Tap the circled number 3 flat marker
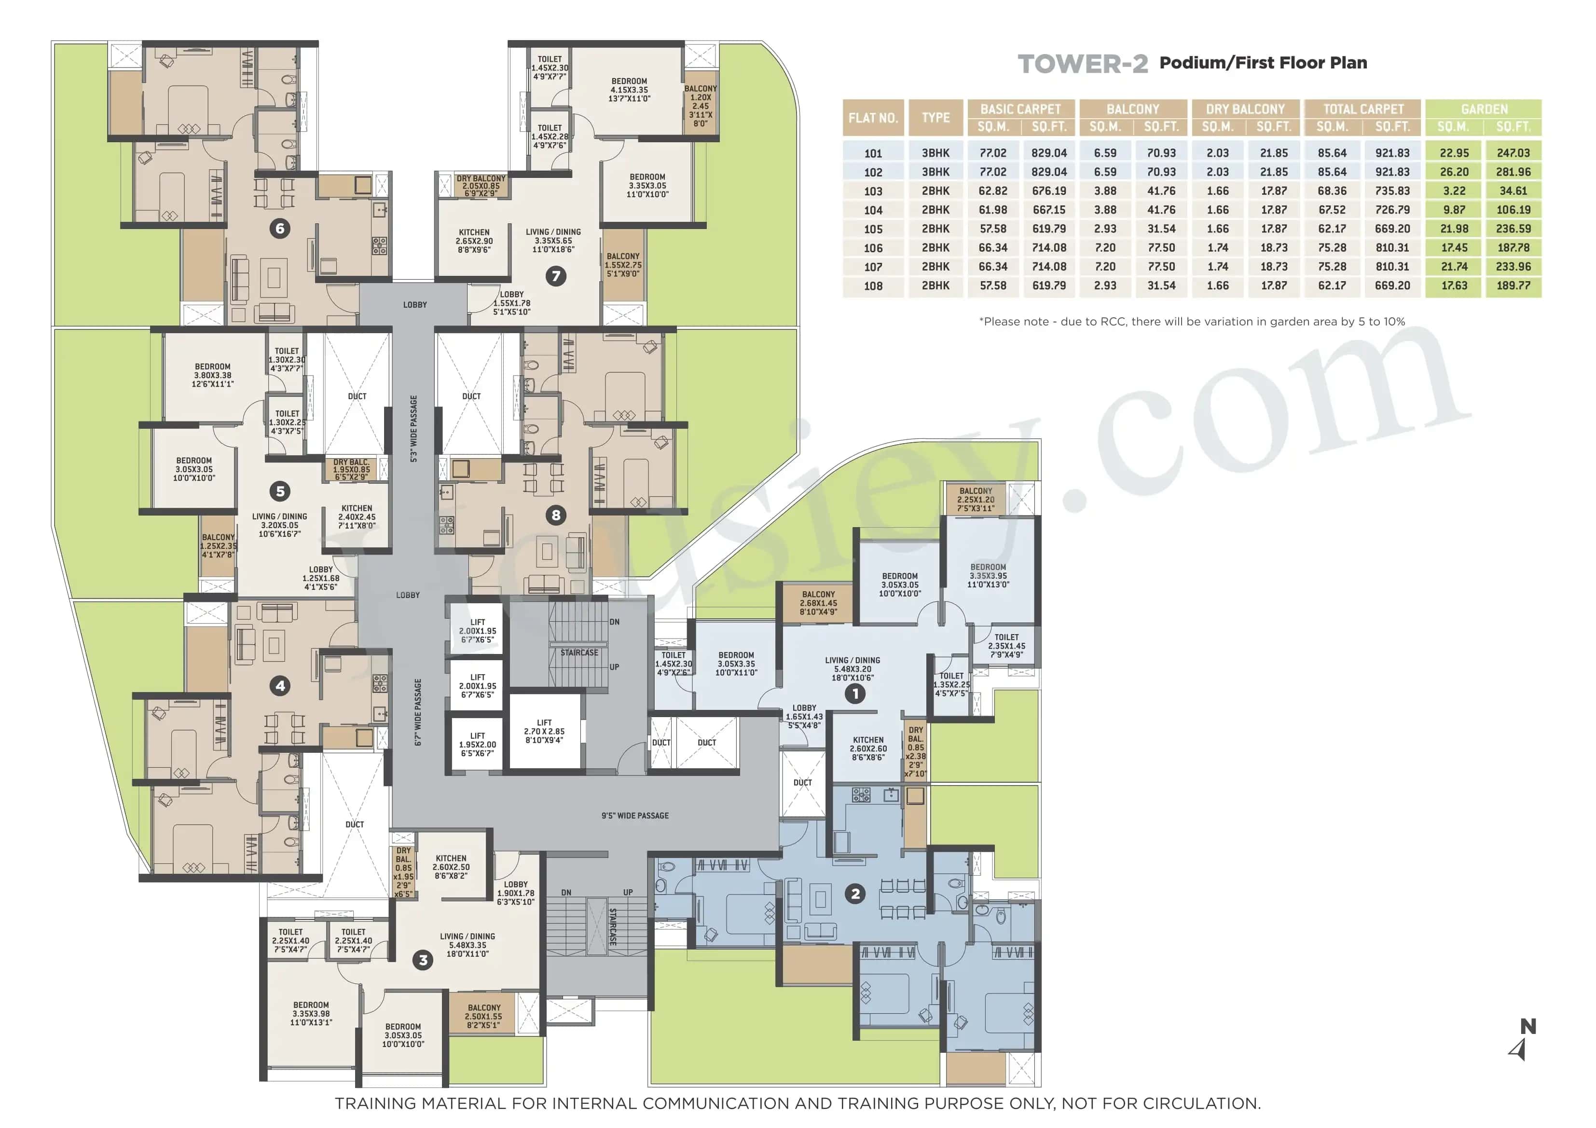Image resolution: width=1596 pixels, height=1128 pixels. point(423,961)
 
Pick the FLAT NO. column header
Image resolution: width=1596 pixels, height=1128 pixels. point(873,118)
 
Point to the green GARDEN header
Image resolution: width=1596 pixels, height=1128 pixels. point(1484,109)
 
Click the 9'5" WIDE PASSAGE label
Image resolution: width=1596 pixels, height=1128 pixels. point(634,815)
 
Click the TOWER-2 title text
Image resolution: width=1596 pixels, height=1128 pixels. point(1082,64)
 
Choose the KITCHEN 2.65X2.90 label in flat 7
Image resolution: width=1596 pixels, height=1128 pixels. point(474,241)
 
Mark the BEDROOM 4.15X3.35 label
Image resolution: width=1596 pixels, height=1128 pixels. point(629,90)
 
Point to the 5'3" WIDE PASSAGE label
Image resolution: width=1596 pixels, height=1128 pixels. point(413,429)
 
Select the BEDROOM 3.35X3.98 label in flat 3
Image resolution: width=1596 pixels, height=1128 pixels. point(311,1013)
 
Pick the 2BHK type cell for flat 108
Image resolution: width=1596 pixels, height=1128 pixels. point(935,285)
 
